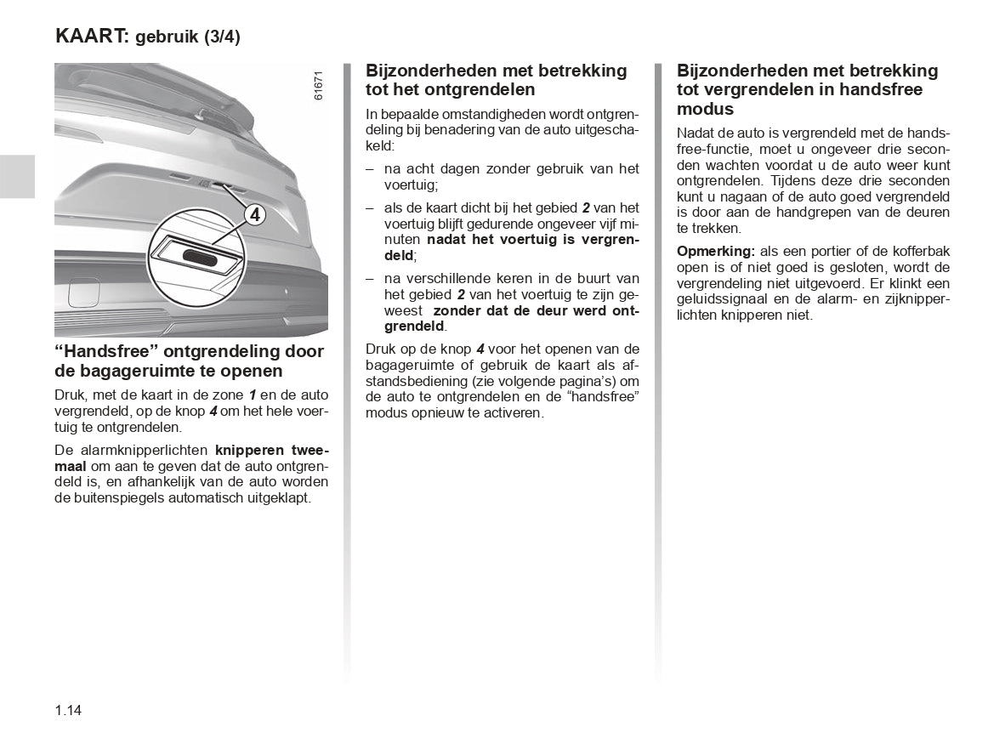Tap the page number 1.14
tap(68, 711)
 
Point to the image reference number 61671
tap(318, 85)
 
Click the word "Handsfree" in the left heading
tap(108, 351)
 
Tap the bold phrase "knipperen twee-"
tap(271, 450)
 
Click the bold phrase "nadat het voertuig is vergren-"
tap(532, 240)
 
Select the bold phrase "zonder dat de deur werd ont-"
tap(536, 310)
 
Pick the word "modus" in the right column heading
tap(705, 109)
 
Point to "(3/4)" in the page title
tap(222, 37)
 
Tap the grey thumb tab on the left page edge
tap(17, 176)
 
